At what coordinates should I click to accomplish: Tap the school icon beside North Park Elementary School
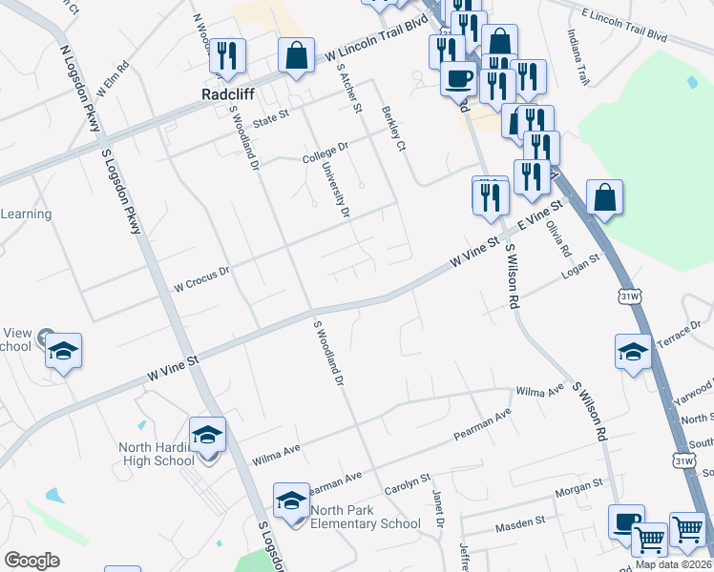[x=292, y=500]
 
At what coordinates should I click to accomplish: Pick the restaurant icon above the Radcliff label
[x=227, y=56]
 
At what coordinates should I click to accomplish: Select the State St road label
[x=269, y=117]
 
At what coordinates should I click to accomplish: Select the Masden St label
[x=519, y=524]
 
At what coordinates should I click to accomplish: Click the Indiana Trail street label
[x=578, y=51]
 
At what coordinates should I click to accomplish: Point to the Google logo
[x=31, y=560]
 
